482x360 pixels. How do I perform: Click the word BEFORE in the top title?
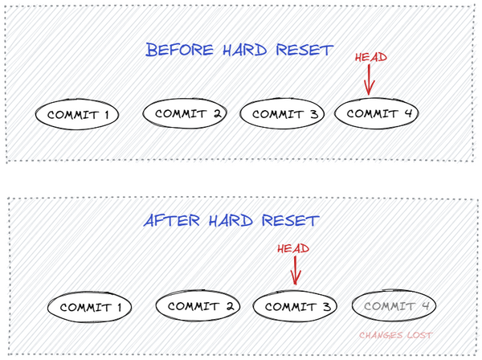(x=179, y=50)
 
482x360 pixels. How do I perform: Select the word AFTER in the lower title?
(x=172, y=220)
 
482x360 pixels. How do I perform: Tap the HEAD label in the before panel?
(x=371, y=58)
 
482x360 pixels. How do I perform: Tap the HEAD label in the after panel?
(x=293, y=249)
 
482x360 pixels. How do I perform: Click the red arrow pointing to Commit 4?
(x=369, y=80)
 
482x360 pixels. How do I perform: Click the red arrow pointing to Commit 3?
(x=296, y=271)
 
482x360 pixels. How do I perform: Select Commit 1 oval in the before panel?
(x=77, y=114)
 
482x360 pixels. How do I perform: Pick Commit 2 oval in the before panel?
(x=185, y=113)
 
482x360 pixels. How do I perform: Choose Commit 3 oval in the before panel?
(x=282, y=113)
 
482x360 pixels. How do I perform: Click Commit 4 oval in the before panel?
(x=376, y=113)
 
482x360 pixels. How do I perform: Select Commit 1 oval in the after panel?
(x=89, y=307)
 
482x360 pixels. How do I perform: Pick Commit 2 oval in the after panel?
(x=198, y=305)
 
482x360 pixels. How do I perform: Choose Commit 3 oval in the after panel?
(x=295, y=306)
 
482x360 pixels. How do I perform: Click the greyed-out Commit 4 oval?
(x=394, y=305)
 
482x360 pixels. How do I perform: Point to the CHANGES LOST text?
(x=396, y=335)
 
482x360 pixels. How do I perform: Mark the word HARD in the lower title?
(x=231, y=220)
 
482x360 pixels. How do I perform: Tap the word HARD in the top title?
(x=245, y=50)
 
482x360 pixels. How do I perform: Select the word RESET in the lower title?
(x=291, y=220)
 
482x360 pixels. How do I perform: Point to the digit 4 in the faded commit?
(x=426, y=305)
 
